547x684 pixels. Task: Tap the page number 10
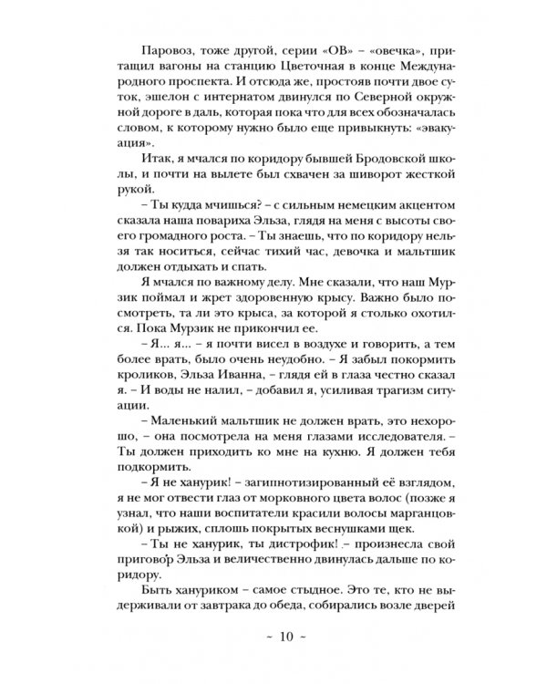point(273,653)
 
